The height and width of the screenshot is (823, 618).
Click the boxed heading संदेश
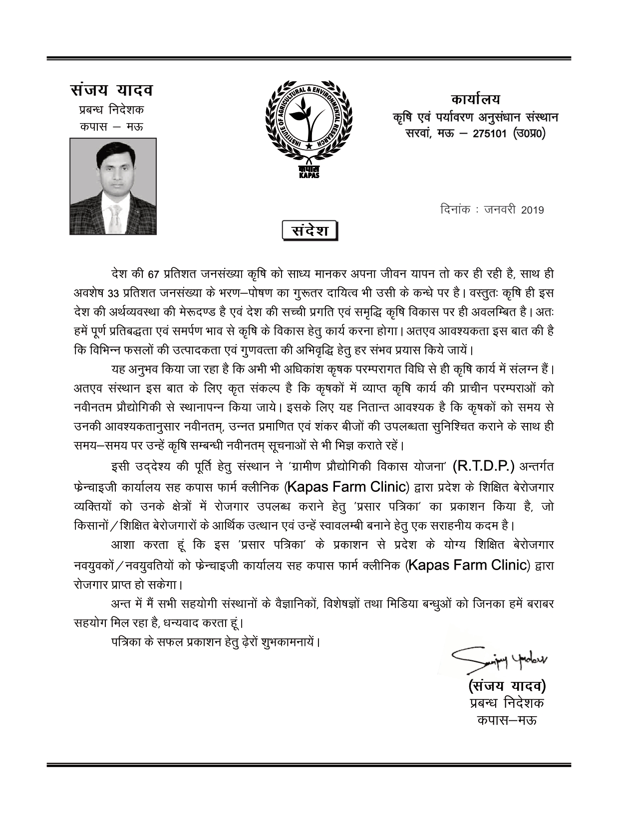(309, 231)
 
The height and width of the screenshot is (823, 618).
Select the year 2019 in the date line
(532, 210)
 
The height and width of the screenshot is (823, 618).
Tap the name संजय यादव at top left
(112, 91)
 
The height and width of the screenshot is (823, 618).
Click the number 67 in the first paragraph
(154, 274)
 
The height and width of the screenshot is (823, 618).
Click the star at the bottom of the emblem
(309, 146)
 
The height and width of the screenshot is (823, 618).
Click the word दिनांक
(456, 209)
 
